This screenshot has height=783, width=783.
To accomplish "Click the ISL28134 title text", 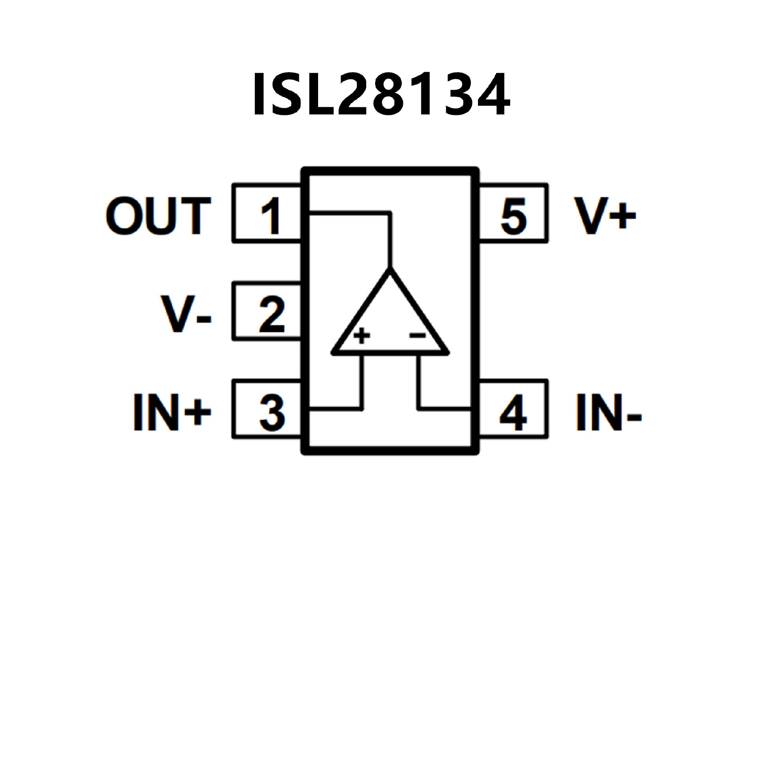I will pos(381,95).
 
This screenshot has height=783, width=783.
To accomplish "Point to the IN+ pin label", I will pos(172,412).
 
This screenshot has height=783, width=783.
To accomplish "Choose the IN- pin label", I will pos(608,412).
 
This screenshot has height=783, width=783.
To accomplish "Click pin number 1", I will pos(271,216).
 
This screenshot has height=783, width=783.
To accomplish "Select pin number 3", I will pos(272,412).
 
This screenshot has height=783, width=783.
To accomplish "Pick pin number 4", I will pos(513,412).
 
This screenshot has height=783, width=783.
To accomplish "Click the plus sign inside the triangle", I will pos(361,336).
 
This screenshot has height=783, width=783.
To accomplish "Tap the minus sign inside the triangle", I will pos(418,335).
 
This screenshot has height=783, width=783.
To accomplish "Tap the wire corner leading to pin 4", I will pos(418,408).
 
